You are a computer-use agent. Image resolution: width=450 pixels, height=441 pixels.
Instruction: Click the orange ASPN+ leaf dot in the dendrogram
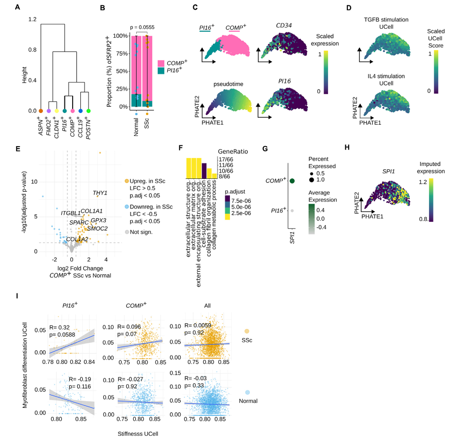(x=41, y=111)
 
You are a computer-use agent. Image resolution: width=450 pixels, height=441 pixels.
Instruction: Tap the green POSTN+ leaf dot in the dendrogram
(x=89, y=111)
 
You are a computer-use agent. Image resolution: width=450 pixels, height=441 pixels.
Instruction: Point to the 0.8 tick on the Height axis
(x=32, y=50)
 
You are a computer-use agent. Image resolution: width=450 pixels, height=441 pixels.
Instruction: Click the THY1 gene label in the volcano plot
(x=100, y=193)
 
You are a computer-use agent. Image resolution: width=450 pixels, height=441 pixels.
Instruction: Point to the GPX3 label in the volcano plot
(x=99, y=220)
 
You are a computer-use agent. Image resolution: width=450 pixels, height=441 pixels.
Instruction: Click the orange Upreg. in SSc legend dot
(x=127, y=181)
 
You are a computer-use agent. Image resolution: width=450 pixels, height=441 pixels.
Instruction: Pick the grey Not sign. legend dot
(x=127, y=232)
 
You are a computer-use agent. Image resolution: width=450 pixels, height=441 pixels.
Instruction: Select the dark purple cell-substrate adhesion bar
(x=204, y=171)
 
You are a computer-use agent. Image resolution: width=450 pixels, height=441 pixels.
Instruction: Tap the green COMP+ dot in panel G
(x=292, y=181)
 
